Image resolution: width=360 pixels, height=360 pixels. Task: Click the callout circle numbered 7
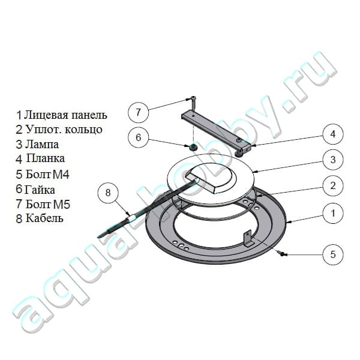138,113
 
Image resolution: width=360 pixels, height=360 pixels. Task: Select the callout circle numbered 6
138,137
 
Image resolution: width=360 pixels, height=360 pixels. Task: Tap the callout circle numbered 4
333,134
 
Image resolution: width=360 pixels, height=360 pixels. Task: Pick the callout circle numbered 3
333,160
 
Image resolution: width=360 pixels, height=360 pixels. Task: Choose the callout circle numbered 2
333,185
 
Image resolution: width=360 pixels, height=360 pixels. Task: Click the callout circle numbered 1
333,213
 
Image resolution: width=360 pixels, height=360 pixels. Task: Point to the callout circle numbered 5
333,254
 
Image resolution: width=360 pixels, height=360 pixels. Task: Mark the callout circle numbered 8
108,193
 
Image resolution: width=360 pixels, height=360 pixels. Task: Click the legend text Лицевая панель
65,115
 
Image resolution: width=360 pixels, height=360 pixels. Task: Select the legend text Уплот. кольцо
64,130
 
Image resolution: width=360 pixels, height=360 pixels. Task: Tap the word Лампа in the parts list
42,145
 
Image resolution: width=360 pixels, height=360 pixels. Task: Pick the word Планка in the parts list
46,158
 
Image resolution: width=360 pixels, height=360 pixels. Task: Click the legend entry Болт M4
47,175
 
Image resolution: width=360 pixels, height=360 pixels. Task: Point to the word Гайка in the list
40,190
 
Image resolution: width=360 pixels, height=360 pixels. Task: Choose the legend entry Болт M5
48,205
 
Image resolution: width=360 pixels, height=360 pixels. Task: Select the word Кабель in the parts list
44,218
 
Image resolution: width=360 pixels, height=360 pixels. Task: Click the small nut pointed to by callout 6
193,148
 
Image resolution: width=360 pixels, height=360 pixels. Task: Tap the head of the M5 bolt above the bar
193,99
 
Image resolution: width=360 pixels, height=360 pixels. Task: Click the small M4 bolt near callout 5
282,253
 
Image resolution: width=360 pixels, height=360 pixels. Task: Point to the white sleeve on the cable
132,217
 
